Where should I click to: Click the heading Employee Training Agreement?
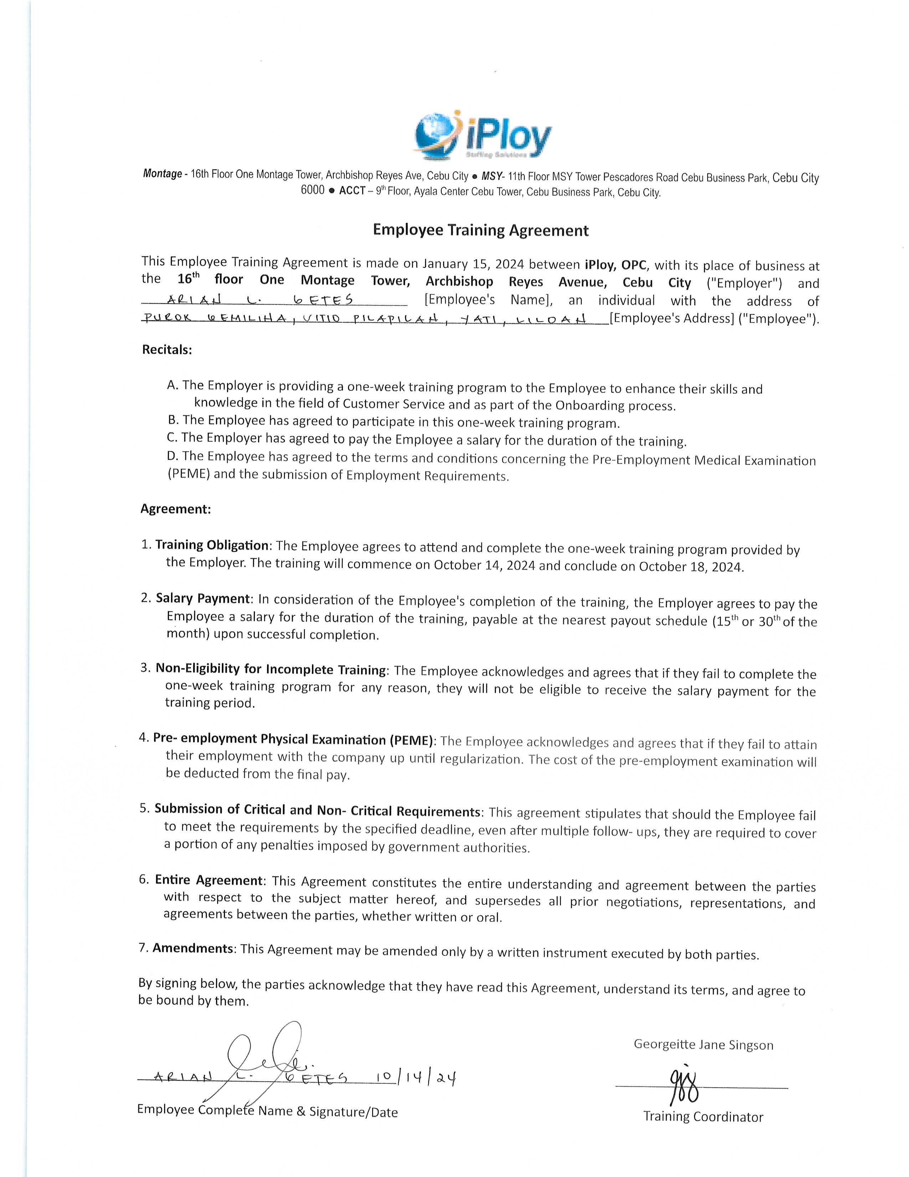tap(481, 231)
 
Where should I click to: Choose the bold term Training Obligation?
tap(212, 545)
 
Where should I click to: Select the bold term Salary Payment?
tap(202, 598)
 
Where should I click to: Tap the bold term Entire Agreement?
tap(209, 880)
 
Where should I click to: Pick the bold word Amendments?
tap(193, 948)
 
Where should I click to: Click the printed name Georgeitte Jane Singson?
tap(703, 1044)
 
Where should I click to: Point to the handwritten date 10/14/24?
tap(416, 1078)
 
